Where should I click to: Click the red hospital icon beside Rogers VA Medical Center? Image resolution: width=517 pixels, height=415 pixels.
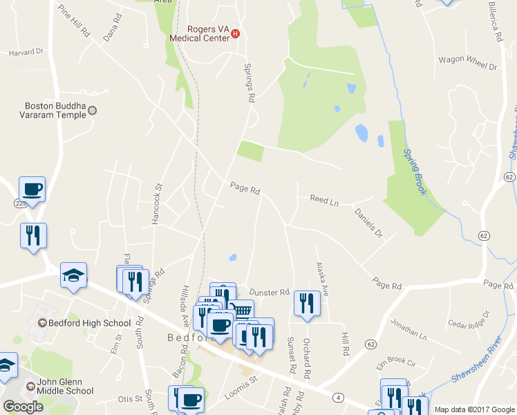click(x=235, y=33)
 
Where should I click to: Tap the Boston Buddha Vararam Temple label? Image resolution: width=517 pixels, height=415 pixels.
click(x=55, y=111)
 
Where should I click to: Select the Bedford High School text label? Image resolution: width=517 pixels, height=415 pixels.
click(x=88, y=323)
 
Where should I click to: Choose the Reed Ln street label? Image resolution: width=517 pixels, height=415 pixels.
click(x=324, y=201)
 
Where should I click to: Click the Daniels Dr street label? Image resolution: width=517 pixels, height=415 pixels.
click(x=368, y=223)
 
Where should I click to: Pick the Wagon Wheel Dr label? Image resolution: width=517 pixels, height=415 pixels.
click(x=468, y=66)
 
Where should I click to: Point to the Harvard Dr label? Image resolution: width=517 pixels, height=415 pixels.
click(x=25, y=51)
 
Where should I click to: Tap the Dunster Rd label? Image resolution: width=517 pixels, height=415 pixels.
click(x=269, y=293)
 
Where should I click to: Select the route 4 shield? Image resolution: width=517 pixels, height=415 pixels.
click(x=337, y=396)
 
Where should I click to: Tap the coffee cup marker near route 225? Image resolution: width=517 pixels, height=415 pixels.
click(x=32, y=188)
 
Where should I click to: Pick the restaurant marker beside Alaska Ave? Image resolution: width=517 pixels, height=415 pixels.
click(x=305, y=303)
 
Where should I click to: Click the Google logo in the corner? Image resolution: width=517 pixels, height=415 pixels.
click(x=23, y=407)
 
